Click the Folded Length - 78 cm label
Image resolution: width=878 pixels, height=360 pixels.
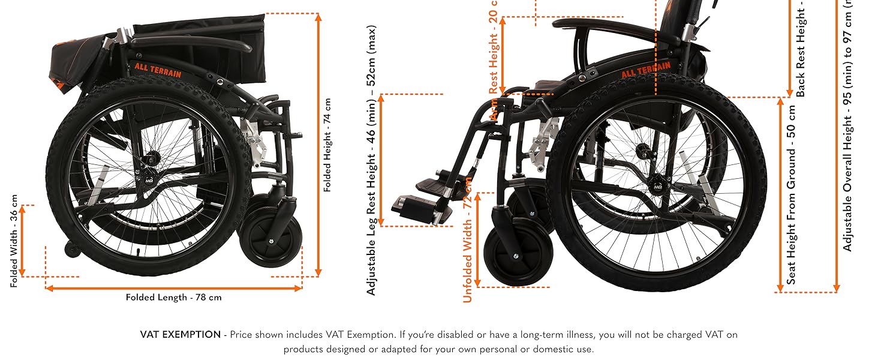point(173,297)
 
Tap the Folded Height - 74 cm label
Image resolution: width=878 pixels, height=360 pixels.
point(327,145)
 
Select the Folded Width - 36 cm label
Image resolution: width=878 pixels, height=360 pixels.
point(14,241)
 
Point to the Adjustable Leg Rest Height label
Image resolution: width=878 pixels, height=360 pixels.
point(372,160)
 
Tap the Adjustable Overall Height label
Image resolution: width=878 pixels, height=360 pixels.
point(847,126)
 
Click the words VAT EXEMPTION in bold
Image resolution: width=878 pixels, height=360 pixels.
point(181,335)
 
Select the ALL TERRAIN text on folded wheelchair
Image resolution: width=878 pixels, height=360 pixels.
point(158,67)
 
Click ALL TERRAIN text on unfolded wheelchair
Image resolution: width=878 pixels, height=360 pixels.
point(645,71)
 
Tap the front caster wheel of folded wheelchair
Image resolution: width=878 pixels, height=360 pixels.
point(270,239)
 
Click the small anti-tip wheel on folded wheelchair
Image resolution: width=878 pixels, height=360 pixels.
point(71,250)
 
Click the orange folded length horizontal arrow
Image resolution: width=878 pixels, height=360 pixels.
point(173,288)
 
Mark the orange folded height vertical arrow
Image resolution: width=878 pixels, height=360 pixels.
point(318,145)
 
